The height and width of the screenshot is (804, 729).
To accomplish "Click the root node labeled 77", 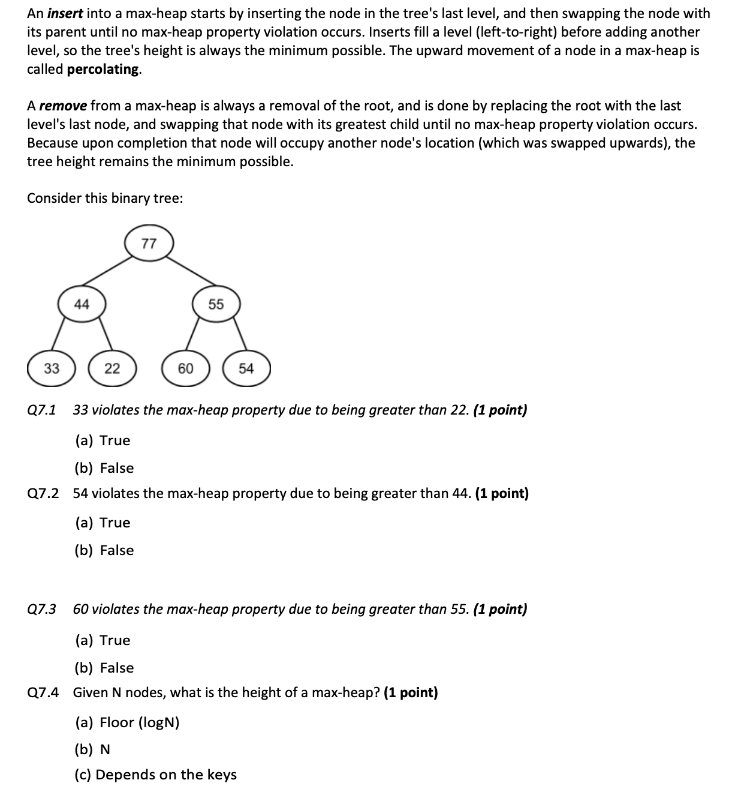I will pyautogui.click(x=149, y=244).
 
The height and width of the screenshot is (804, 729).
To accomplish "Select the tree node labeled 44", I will pyautogui.click(x=82, y=304).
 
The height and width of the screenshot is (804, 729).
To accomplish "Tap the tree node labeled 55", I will pyautogui.click(x=216, y=304).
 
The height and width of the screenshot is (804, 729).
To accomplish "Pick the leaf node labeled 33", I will pyautogui.click(x=52, y=368).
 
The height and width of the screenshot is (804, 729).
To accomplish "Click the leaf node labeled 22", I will pyautogui.click(x=112, y=368).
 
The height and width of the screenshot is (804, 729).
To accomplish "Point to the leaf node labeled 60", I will pyautogui.click(x=185, y=368).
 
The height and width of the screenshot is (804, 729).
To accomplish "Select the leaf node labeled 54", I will pyautogui.click(x=246, y=368).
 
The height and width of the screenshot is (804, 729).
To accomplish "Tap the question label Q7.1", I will pyautogui.click(x=42, y=410).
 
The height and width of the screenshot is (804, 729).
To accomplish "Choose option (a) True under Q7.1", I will pyautogui.click(x=103, y=440).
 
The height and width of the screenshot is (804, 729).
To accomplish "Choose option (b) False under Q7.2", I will pyautogui.click(x=104, y=550).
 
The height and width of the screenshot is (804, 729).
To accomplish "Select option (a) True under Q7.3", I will pyautogui.click(x=103, y=640).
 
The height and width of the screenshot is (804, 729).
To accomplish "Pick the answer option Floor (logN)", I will pyautogui.click(x=127, y=722).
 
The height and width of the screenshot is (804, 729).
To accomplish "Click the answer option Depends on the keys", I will pyautogui.click(x=155, y=775).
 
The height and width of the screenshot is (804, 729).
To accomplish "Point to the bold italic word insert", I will pyautogui.click(x=65, y=13).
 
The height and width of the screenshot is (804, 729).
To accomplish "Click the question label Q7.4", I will pyautogui.click(x=43, y=692).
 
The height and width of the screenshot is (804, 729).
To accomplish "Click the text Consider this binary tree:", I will pyautogui.click(x=105, y=198).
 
